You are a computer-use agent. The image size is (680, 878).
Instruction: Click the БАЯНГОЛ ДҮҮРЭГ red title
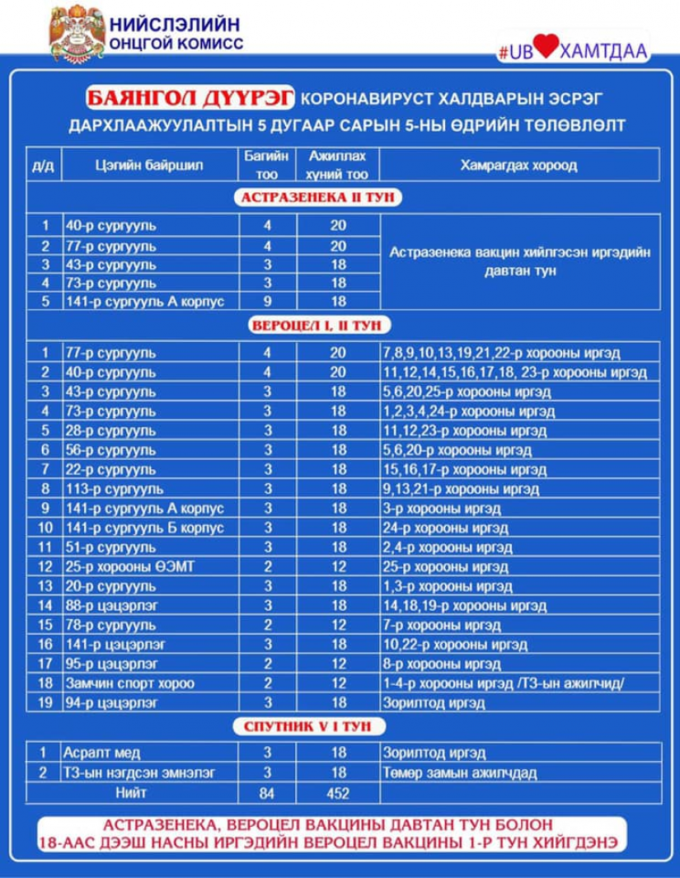point(189,99)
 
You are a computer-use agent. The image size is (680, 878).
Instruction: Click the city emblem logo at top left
point(76,33)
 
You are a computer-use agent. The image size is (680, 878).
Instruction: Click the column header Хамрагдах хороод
point(519,165)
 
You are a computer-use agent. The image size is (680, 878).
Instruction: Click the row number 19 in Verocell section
point(45,702)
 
